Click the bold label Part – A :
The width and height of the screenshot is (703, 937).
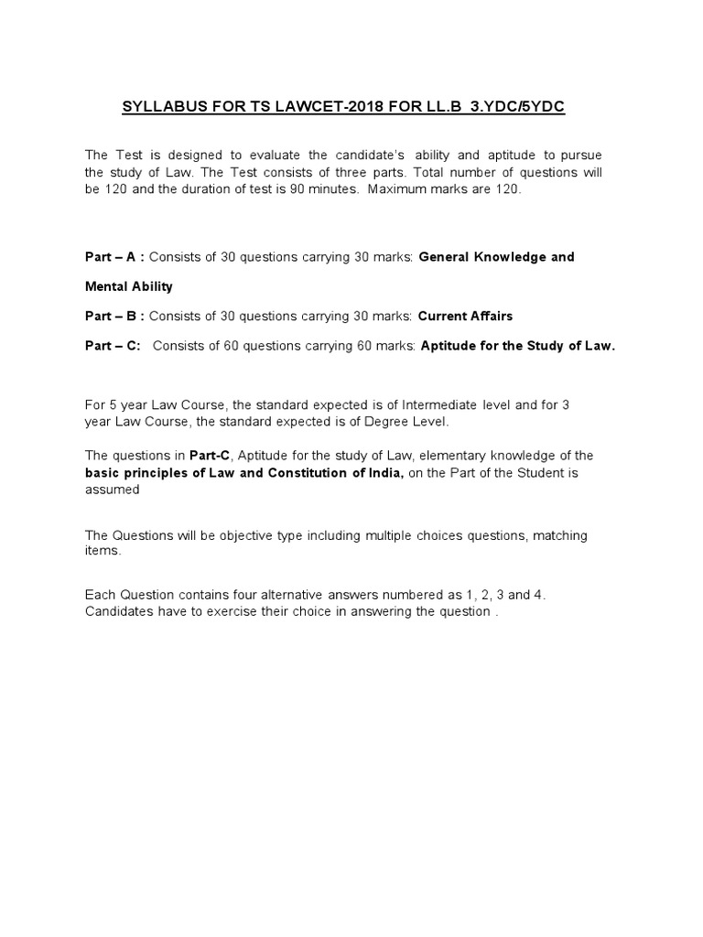[x=114, y=257]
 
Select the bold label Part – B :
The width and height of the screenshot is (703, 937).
[x=114, y=316]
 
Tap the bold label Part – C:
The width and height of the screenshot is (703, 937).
[x=113, y=346]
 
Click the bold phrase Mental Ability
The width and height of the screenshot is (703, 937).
[x=128, y=286]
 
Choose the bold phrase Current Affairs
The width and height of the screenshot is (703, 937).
[x=465, y=316]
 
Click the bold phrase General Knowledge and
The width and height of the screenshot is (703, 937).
[x=496, y=257]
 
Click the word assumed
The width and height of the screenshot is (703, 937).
[x=112, y=490]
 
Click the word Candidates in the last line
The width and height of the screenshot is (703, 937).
[x=118, y=611]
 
